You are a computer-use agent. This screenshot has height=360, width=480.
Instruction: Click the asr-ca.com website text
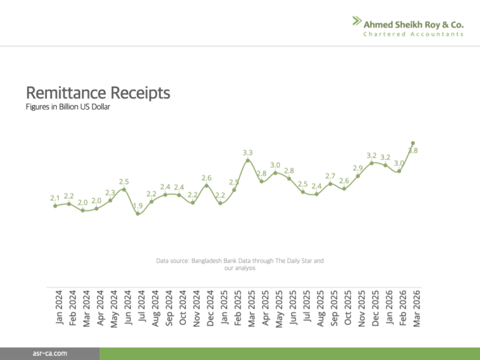pyautogui.click(x=51, y=354)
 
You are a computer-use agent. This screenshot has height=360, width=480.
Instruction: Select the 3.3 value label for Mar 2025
pyautogui.click(x=247, y=152)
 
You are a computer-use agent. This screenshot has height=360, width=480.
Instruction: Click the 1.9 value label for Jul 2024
pyautogui.click(x=138, y=206)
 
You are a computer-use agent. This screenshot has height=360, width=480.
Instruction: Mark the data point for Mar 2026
pyautogui.click(x=413, y=143)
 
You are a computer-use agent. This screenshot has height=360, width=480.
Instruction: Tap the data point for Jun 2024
pyautogui.click(x=124, y=189)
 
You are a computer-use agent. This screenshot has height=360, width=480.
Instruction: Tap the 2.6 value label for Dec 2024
pyautogui.click(x=206, y=177)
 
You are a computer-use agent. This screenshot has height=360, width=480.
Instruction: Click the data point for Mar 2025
pyautogui.click(x=248, y=161)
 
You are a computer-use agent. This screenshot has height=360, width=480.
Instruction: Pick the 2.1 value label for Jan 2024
pyautogui.click(x=55, y=198)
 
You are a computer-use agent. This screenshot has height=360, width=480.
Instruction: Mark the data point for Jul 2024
pyautogui.click(x=138, y=214)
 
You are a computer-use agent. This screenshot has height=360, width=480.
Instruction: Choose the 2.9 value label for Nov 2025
pyautogui.click(x=357, y=168)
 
